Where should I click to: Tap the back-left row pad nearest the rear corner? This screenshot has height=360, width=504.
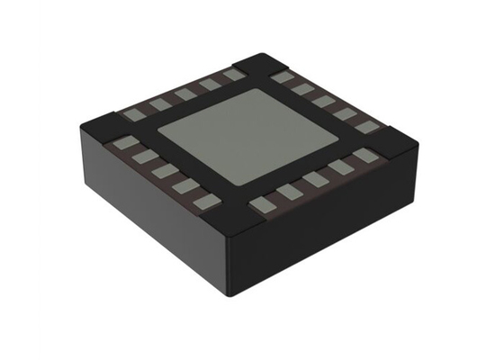point(235,76)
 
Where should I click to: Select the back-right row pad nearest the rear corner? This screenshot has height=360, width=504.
point(282,77)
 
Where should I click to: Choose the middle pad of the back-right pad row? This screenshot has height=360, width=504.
point(323,100)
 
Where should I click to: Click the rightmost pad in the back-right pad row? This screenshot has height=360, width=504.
point(364,127)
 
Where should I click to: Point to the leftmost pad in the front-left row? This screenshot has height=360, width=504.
point(122,141)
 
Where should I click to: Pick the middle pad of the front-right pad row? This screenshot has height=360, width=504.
point(315,179)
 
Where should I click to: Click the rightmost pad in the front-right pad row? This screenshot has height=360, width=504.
point(364,156)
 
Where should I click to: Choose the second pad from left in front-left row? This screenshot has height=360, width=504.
point(142,156)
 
